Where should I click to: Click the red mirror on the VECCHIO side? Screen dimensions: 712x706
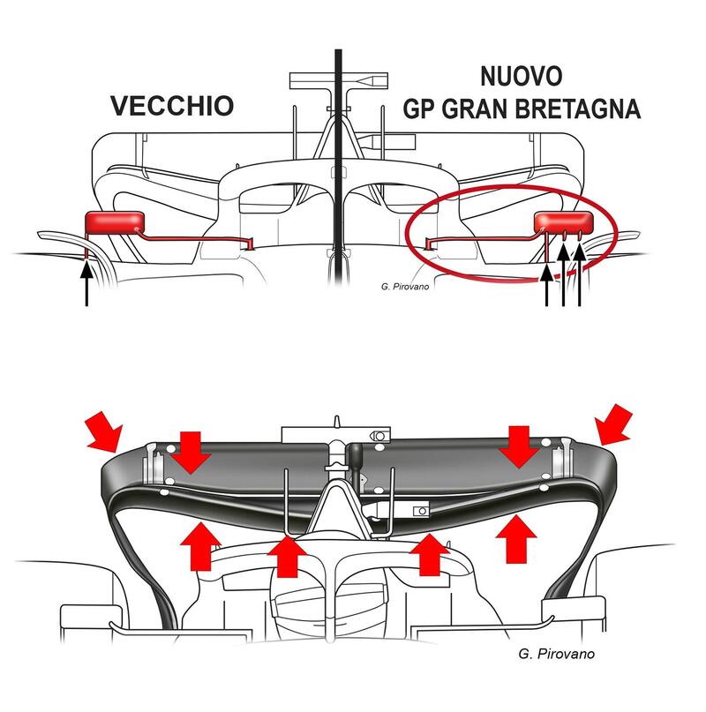coord(116,224)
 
